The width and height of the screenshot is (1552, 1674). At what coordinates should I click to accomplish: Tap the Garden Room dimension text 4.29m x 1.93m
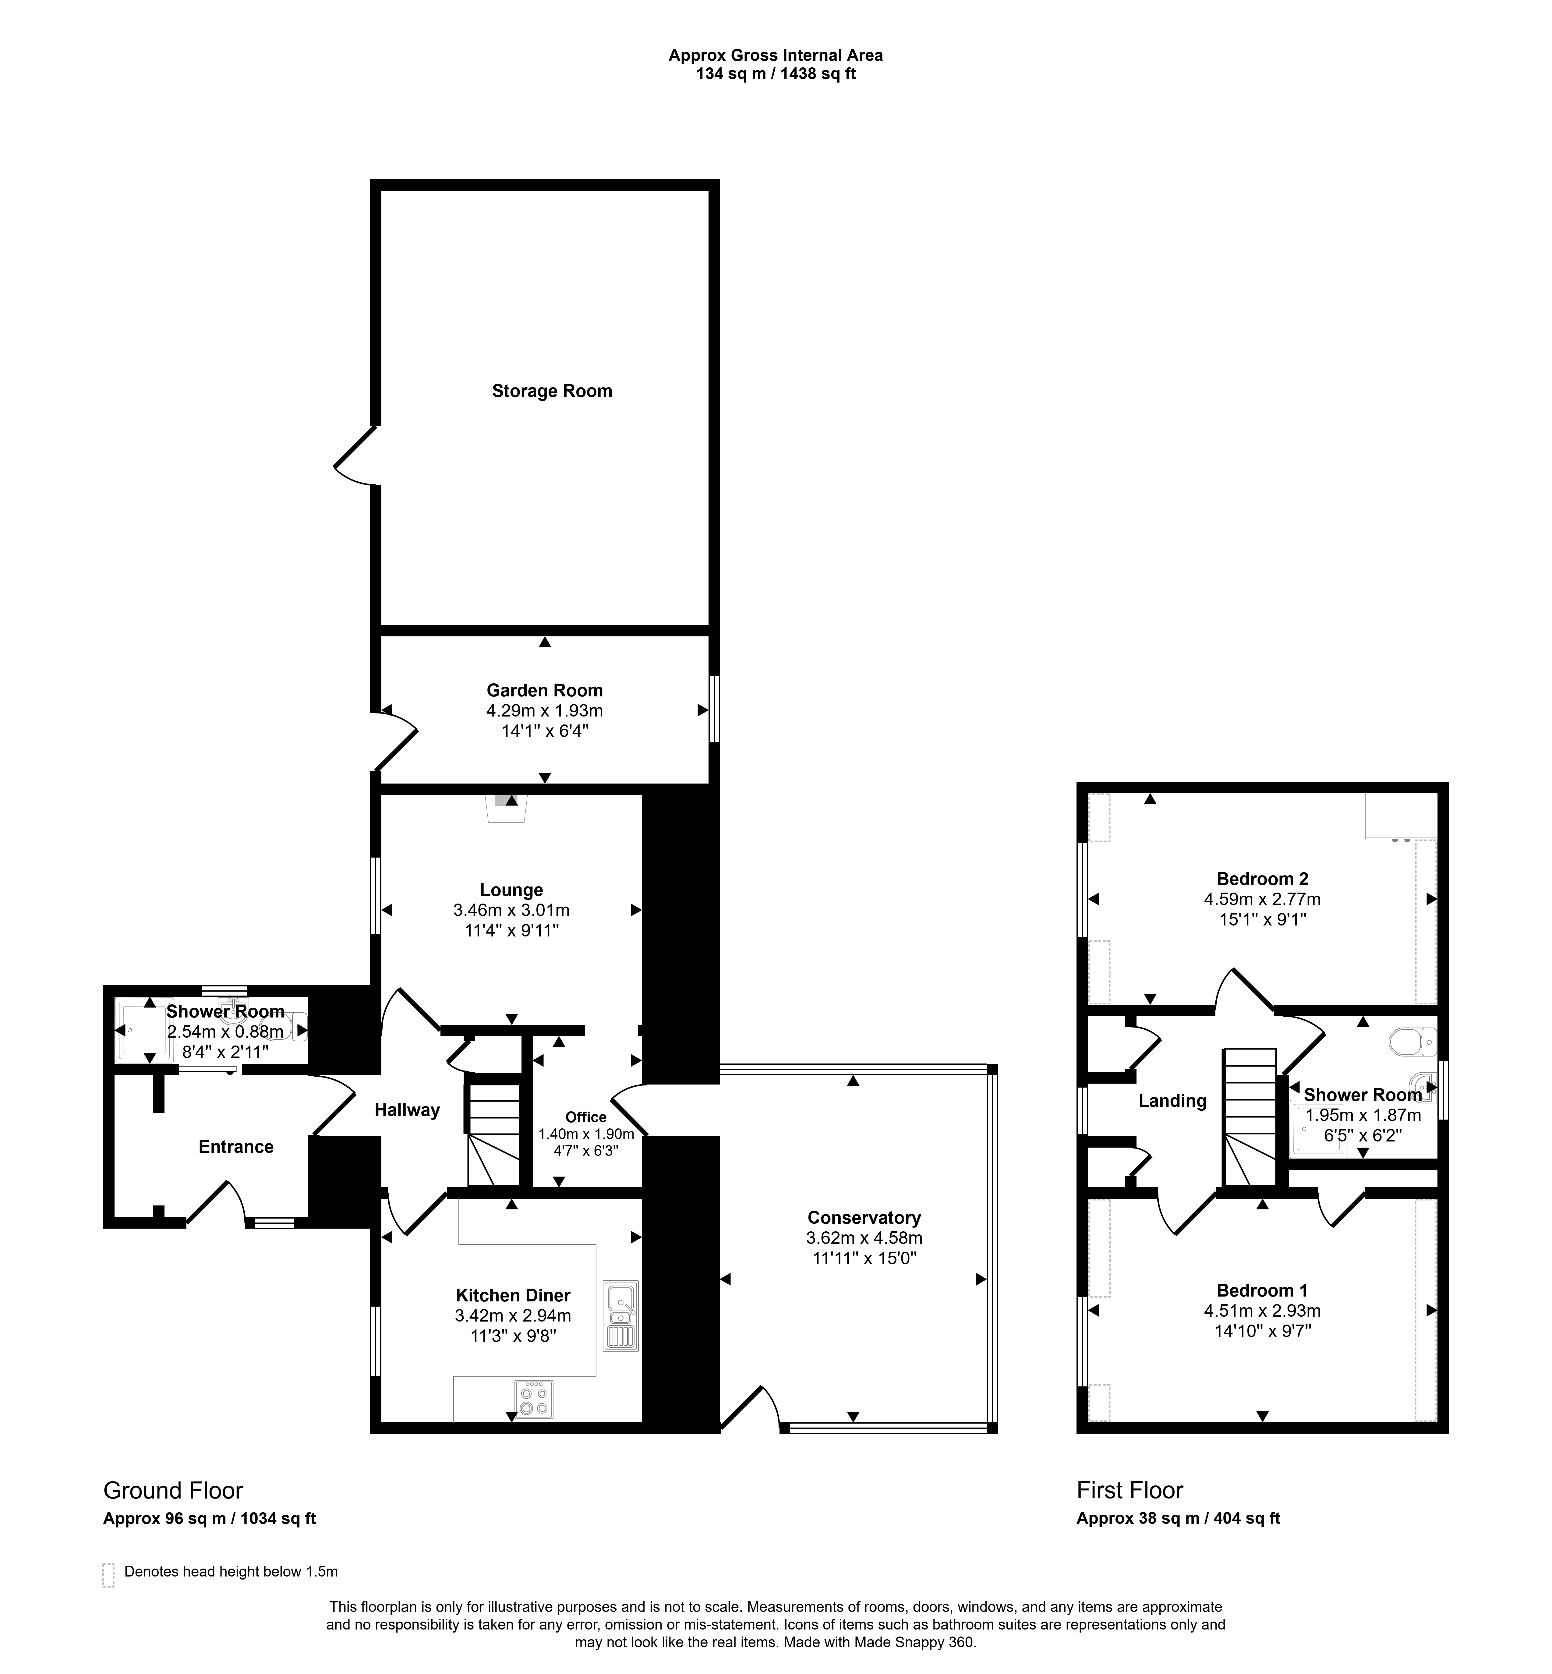coord(544,711)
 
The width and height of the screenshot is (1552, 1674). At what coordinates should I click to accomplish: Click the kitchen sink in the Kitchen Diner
coord(620,1315)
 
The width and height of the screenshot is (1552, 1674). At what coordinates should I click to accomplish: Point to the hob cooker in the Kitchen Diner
coord(534,1399)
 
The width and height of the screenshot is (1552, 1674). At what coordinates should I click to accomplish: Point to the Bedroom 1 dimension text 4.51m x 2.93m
coord(1262,1310)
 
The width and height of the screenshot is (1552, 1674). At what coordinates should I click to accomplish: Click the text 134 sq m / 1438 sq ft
coord(775,74)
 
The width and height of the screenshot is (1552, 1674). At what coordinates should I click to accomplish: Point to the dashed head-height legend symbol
coord(108,1575)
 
